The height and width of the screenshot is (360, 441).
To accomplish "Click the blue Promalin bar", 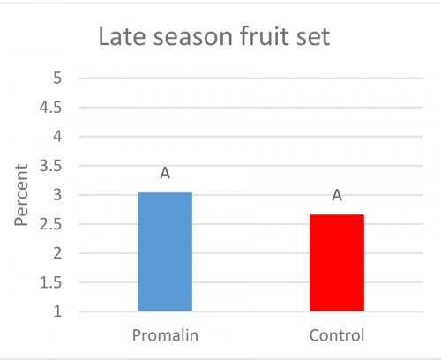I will (x=165, y=251).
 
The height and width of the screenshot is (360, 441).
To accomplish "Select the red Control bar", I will (x=337, y=263).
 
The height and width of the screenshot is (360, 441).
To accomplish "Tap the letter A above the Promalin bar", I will (x=165, y=174).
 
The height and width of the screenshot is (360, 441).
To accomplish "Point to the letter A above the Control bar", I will (x=337, y=195).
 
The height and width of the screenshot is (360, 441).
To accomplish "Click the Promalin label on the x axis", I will (x=166, y=336).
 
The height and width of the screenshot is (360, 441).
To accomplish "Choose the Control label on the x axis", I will (x=337, y=336).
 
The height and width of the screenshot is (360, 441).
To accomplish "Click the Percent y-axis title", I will (x=24, y=195).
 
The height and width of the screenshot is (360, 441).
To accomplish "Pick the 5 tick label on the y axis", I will (x=57, y=78).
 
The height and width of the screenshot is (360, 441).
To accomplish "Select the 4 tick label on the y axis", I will (x=57, y=136).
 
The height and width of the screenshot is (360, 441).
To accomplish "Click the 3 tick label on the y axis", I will (x=57, y=195).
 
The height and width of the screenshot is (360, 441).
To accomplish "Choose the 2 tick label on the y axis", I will (x=57, y=253).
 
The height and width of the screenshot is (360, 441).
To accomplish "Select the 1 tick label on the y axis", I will (x=57, y=311).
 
